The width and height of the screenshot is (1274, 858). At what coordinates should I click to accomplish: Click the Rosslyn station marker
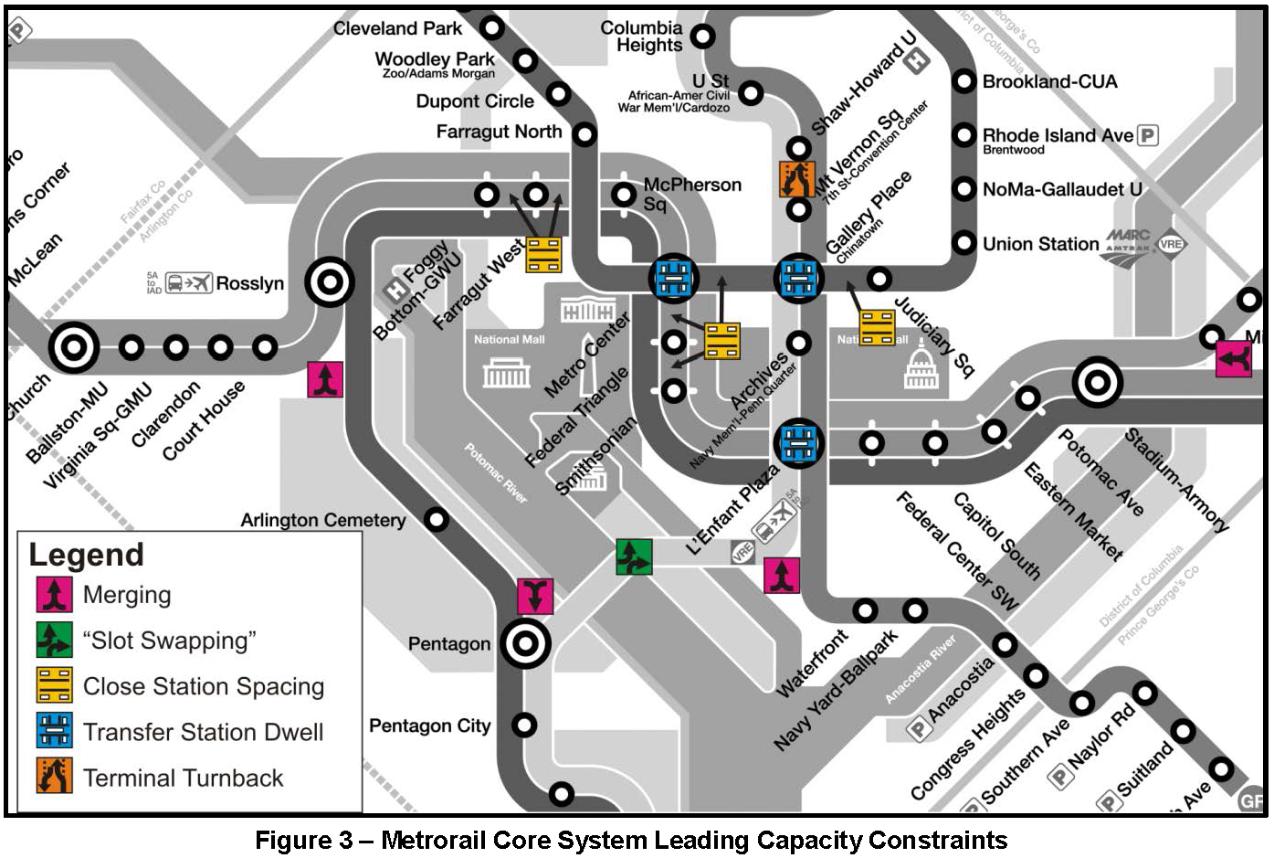point(329,282)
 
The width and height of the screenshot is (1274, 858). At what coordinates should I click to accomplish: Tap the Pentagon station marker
point(525,644)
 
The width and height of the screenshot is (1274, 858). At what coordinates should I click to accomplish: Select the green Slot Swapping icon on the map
point(634,556)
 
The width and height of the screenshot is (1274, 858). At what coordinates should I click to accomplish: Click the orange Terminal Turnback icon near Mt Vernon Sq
point(796,179)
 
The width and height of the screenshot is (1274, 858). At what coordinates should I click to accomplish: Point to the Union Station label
point(1040,244)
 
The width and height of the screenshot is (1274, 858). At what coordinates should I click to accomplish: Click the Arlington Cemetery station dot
point(437,520)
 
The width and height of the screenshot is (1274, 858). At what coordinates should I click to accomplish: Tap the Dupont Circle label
point(475,101)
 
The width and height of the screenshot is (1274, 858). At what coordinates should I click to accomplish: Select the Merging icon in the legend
point(55,595)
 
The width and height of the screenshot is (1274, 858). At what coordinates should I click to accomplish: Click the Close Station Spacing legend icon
point(55,686)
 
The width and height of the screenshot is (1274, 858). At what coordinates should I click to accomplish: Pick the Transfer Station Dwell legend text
point(203,732)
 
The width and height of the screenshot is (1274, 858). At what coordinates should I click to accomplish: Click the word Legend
point(87,555)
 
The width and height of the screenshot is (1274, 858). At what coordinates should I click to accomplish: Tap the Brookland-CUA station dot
point(964,81)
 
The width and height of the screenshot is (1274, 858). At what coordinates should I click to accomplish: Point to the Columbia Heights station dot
point(702,37)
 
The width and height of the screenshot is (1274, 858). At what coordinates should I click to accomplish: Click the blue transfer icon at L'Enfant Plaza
point(799,443)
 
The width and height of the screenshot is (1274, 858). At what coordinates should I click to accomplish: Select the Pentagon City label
point(429,726)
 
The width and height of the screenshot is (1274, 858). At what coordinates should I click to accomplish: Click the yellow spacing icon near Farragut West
point(543,255)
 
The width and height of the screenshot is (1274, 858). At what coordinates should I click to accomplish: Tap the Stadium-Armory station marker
point(1097,383)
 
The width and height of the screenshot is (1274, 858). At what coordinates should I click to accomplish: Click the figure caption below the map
point(631,840)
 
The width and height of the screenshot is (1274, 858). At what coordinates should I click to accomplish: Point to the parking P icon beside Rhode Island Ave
point(1147,135)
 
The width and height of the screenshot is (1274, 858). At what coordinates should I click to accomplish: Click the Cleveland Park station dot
point(492,27)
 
